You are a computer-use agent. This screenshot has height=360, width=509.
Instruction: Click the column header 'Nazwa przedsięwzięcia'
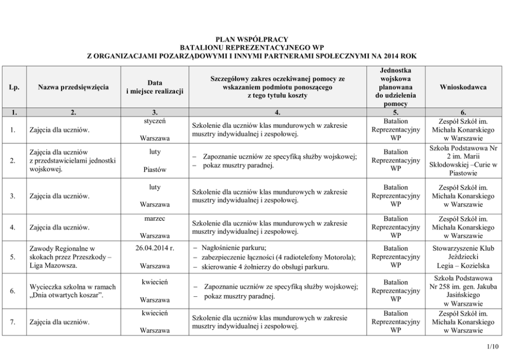click(73, 87)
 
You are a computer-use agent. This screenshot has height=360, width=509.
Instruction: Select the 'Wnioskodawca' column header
click(463, 87)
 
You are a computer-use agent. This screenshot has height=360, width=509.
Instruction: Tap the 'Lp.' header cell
click(14, 87)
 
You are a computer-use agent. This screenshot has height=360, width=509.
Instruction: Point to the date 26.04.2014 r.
click(155, 248)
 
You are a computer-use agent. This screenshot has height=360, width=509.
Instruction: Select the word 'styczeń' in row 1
click(155, 121)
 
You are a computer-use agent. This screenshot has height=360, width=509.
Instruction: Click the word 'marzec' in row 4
click(155, 219)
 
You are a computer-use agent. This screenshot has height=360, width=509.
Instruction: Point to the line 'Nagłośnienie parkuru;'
click(233, 248)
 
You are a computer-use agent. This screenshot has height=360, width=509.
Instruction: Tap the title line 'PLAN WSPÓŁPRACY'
click(251, 39)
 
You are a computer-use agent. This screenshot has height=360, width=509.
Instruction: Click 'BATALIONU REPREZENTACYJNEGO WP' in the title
click(251, 47)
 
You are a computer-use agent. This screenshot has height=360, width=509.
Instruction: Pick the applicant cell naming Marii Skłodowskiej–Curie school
click(463, 161)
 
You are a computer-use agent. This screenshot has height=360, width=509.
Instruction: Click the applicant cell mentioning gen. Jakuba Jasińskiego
click(463, 291)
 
